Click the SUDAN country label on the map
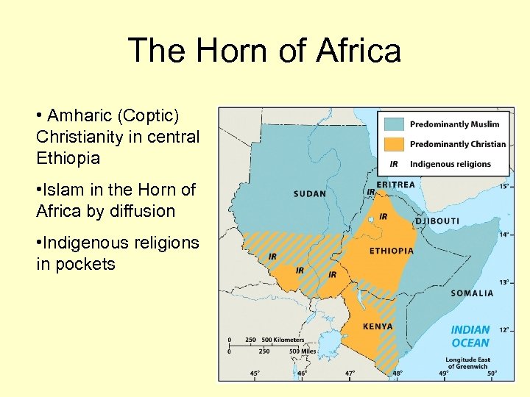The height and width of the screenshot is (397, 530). coord(310,194)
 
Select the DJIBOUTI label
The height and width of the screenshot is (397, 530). coord(437,221)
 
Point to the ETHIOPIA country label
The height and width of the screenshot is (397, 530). coord(391,251)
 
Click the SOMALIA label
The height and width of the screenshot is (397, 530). coord(472,293)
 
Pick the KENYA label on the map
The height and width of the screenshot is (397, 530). coord(378,326)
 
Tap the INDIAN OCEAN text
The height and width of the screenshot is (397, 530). coord(470,337)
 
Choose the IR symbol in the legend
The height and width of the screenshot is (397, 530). coord(394,164)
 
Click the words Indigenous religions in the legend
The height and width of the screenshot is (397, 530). coord(450,164)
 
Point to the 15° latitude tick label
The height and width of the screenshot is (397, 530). coord(504,187)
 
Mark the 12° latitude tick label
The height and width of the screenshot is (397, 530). coord(504,329)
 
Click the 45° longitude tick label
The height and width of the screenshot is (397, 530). coord(254,374)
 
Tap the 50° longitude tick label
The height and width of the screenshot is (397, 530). coord(492,374)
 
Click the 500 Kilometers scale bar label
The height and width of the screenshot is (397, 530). coord(283,340)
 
